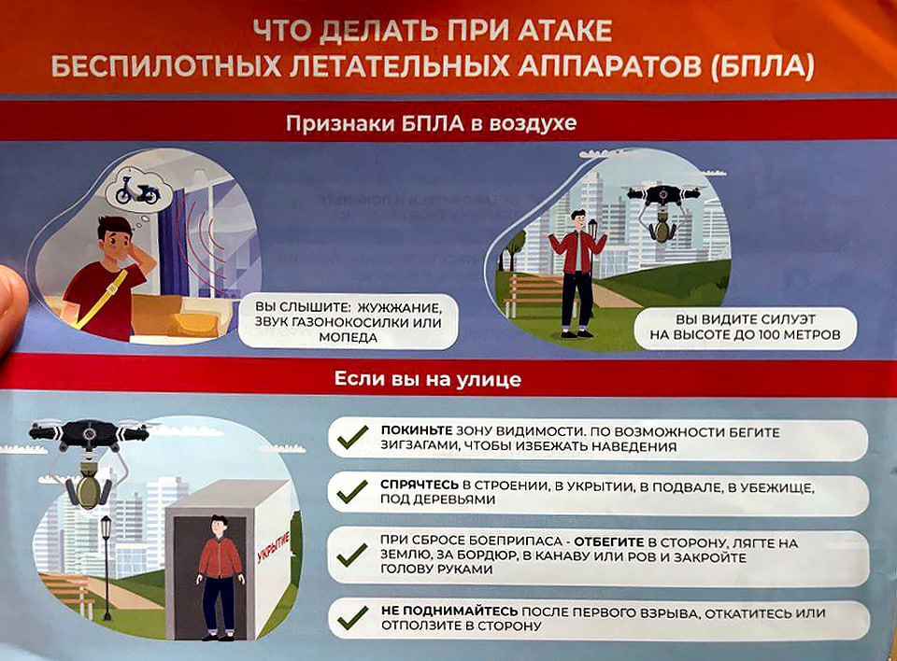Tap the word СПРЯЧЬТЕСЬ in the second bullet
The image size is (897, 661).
(420, 486)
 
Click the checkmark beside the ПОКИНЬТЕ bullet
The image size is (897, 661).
(352, 438)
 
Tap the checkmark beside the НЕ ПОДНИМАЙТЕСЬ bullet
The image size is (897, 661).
(352, 617)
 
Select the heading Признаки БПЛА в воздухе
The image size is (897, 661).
(431, 123)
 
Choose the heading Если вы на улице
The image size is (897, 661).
(428, 380)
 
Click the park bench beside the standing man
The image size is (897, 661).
(533, 294)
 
